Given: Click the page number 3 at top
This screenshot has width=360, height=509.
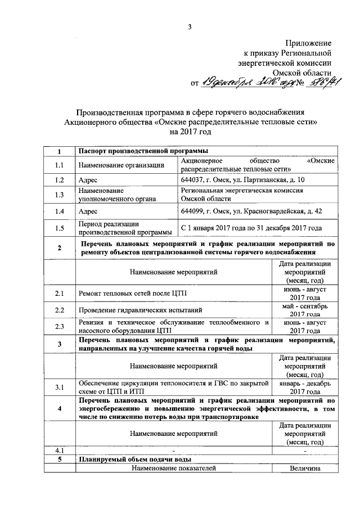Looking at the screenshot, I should click(190, 28).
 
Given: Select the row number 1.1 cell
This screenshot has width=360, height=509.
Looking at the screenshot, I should click(60, 165).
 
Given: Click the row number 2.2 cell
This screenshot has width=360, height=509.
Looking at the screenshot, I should click(60, 310).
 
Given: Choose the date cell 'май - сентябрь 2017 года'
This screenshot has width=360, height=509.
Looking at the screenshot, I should click(305, 310).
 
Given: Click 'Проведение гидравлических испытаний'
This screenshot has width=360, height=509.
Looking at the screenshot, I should click(141, 310).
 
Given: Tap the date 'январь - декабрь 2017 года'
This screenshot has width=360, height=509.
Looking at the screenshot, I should click(305, 388).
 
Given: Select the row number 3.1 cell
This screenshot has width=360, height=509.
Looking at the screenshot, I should click(60, 388).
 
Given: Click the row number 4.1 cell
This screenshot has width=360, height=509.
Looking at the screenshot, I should click(60, 451).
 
